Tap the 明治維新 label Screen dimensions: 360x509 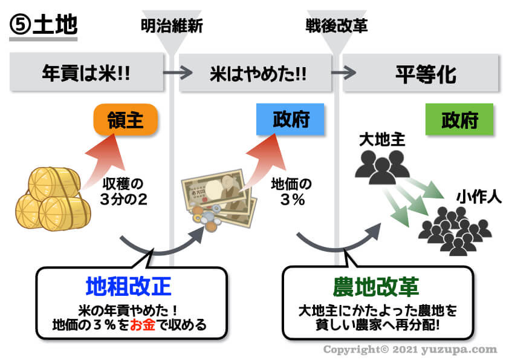pos(172,26)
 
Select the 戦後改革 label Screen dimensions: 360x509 pos(337,26)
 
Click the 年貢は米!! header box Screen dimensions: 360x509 pos(87,74)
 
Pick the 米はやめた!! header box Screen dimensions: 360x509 pos(258,74)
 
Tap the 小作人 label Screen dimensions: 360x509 pos(479,197)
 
